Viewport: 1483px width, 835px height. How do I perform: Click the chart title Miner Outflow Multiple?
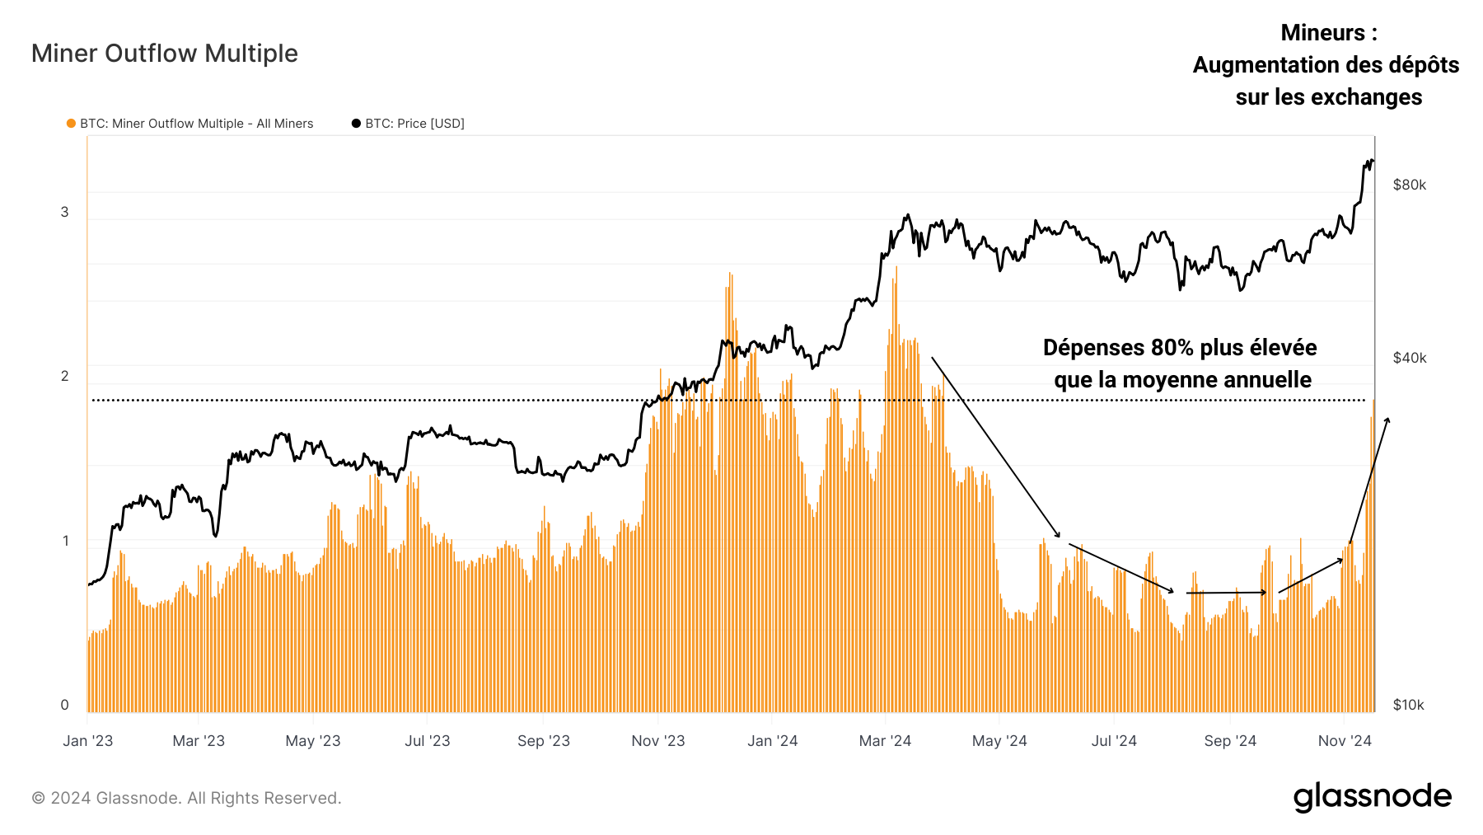coord(165,54)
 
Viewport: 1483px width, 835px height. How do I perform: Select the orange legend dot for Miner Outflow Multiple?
coord(72,124)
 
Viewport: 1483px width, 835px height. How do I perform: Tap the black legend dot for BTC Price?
coord(356,124)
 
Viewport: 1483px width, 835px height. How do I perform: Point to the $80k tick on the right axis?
coord(1409,185)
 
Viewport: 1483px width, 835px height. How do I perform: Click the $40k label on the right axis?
coord(1409,358)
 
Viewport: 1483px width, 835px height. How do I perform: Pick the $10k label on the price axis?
coord(1408,705)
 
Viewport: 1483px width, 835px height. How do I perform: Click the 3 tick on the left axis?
coord(65,212)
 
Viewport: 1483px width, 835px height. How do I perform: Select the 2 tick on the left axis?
coord(65,376)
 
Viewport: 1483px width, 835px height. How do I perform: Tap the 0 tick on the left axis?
coord(65,705)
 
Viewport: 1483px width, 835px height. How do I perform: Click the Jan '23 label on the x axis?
coord(88,741)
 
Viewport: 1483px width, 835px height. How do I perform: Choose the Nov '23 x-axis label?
coord(658,741)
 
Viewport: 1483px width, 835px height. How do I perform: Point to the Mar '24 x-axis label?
coord(885,741)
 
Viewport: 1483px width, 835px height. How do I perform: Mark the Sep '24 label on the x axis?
coord(1230,741)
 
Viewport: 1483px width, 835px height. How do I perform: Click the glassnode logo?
coord(1372,797)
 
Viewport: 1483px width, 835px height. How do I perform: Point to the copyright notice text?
coord(186,798)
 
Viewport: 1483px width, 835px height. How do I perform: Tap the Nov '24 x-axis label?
coord(1345,741)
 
